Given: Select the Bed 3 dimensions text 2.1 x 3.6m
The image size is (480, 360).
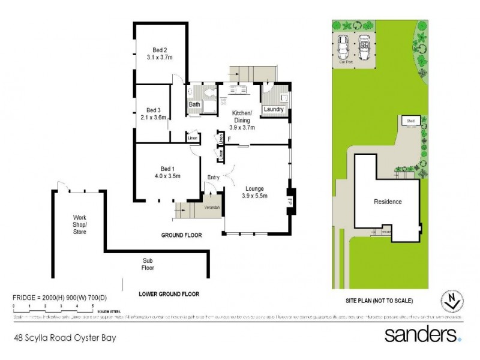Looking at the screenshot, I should pyautogui.click(x=154, y=118).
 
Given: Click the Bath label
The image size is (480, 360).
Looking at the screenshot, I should pyautogui.click(x=194, y=104).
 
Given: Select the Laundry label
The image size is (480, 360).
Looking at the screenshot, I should pyautogui.click(x=273, y=110).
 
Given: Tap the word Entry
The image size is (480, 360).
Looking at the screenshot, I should pyautogui.click(x=214, y=177).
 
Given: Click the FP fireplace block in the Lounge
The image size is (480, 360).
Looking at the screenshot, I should pyautogui.click(x=289, y=200).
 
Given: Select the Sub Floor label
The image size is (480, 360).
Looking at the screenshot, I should pyautogui.click(x=148, y=264).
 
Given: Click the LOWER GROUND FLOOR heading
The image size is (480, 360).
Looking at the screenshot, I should pyautogui.click(x=168, y=294).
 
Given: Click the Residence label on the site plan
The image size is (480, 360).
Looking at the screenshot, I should pyautogui.click(x=388, y=202).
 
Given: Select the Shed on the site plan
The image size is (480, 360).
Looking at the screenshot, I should pyautogui.click(x=411, y=121).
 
